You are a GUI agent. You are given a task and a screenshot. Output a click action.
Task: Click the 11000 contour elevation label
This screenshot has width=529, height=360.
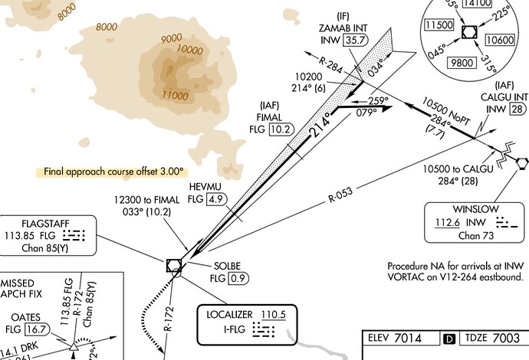coord(176,96)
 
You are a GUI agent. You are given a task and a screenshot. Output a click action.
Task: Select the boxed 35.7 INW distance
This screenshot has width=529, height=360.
coord(355,40)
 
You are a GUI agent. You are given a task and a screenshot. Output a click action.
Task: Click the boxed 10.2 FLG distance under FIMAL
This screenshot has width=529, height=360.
coord(281,129)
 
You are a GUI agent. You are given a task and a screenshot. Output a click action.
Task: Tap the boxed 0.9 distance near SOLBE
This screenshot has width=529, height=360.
coord(238,277)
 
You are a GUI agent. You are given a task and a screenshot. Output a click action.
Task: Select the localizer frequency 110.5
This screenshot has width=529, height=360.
coord(278,315)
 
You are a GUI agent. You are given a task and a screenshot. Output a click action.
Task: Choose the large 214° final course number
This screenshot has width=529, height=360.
coord(322,126)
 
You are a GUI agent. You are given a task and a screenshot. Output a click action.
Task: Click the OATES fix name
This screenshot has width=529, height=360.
coord(26,317)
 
